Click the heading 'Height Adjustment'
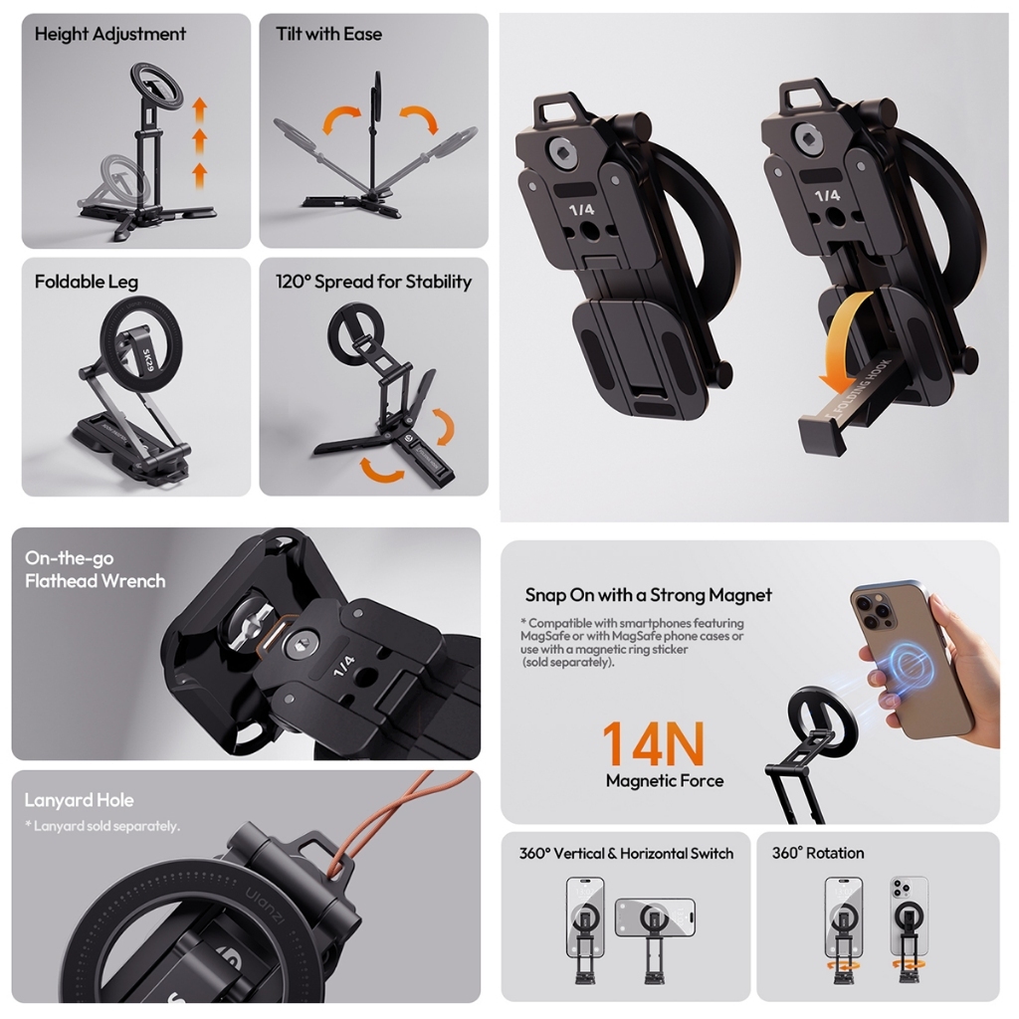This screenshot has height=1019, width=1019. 109,34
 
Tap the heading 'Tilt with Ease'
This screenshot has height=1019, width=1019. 328,34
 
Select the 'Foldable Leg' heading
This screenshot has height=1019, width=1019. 85,282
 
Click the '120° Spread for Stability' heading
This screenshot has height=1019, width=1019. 373,282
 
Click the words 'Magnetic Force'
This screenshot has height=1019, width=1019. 665,781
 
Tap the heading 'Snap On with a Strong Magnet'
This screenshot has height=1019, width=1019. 648,595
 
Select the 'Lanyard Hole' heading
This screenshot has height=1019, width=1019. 79,800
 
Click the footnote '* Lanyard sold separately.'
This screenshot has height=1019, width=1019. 102,826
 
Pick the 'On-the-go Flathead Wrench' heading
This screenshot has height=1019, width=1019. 95,569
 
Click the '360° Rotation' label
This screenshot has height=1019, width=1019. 818,853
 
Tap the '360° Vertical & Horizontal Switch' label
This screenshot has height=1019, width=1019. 626,853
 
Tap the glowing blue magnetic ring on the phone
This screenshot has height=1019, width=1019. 908,665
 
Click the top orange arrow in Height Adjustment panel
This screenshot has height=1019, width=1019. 199,107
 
